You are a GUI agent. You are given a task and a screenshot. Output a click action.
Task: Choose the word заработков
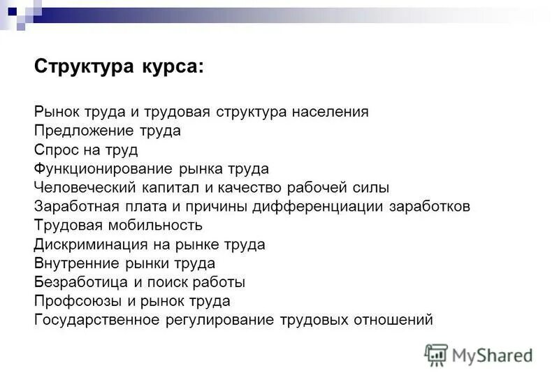coord(431,207)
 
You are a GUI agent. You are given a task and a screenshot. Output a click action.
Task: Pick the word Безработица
coord(75,282)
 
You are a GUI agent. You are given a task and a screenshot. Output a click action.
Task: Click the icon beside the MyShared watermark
coord(436,354)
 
